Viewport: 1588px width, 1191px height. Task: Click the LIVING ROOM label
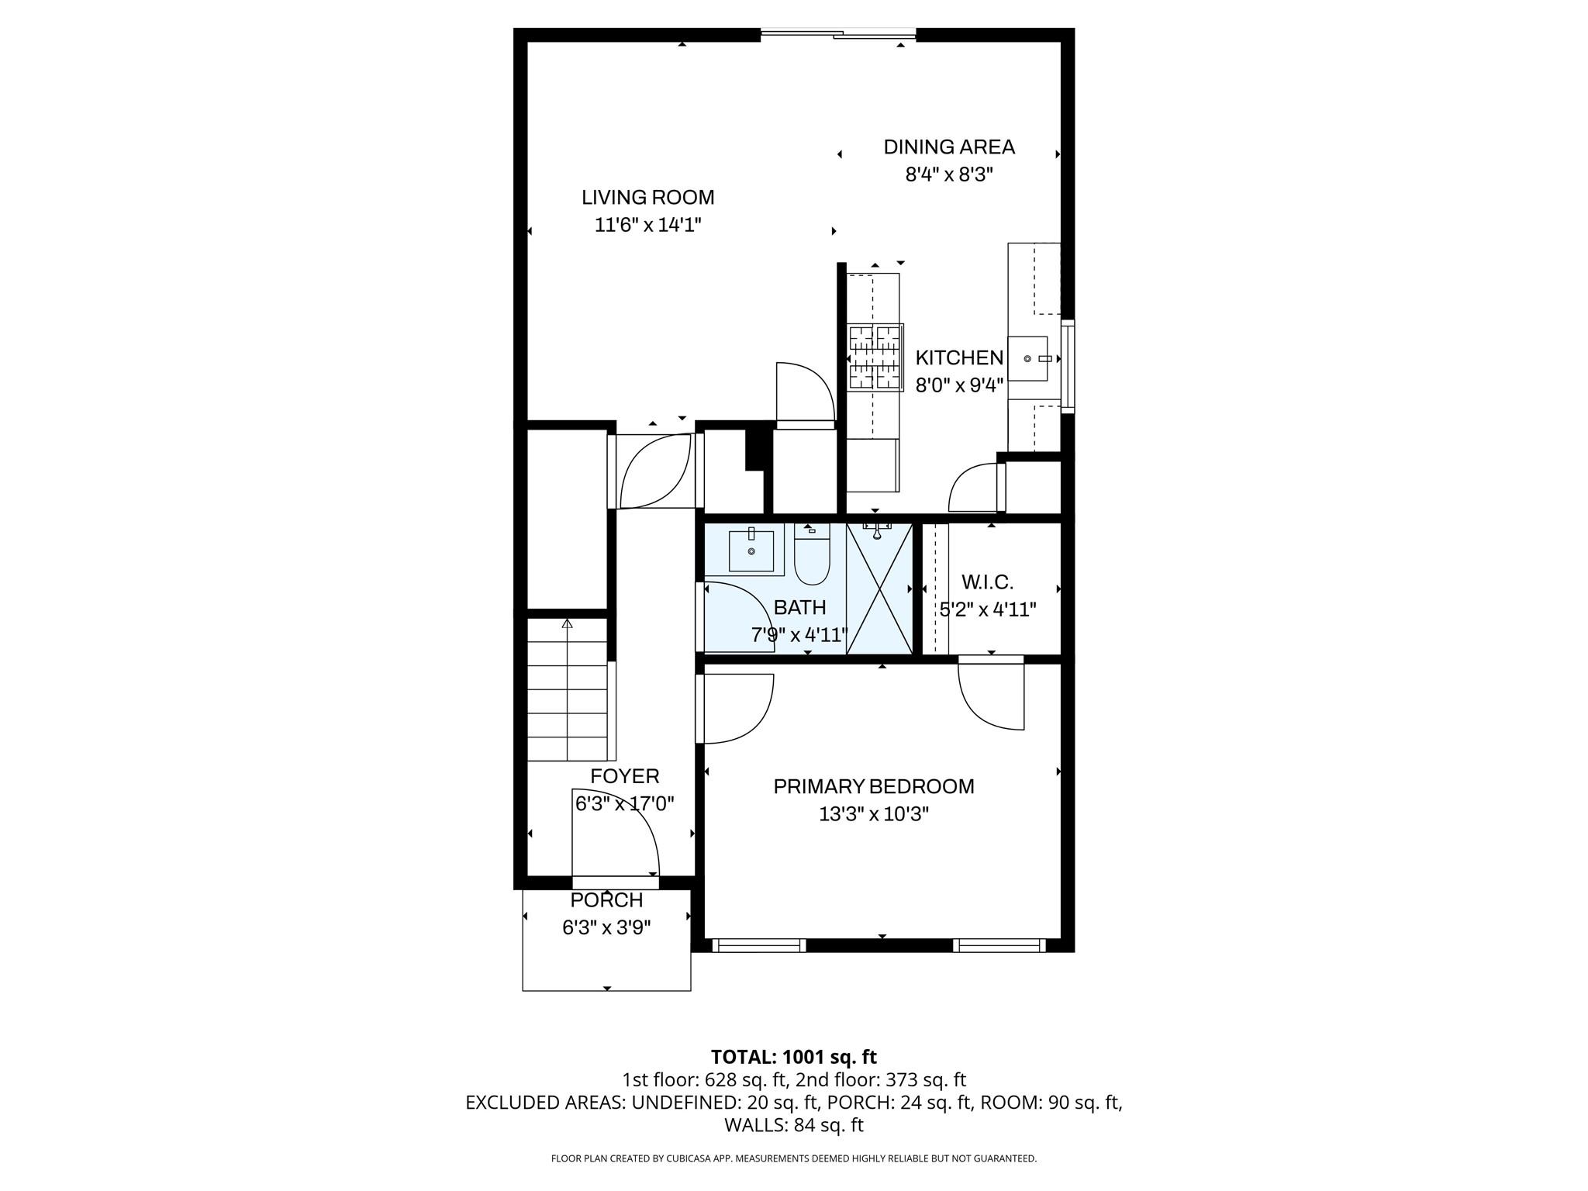647,197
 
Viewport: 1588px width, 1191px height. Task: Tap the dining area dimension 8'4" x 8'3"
949,174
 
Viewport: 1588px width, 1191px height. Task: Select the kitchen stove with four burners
875,357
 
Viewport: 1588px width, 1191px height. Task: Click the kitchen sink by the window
1028,359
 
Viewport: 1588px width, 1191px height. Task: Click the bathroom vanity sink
751,551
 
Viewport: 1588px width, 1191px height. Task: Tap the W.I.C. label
987,582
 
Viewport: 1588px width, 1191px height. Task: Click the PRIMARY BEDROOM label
874,786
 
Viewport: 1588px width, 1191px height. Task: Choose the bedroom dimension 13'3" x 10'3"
874,814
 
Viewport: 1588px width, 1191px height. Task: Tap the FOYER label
624,776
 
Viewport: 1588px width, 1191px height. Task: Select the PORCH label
606,900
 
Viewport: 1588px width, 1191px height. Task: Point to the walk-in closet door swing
991,694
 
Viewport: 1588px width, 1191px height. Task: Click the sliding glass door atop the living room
838,33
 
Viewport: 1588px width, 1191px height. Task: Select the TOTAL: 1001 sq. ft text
793,1057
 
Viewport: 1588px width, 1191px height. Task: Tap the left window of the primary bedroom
758,945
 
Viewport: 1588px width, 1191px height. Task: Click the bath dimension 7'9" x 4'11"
799,636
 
